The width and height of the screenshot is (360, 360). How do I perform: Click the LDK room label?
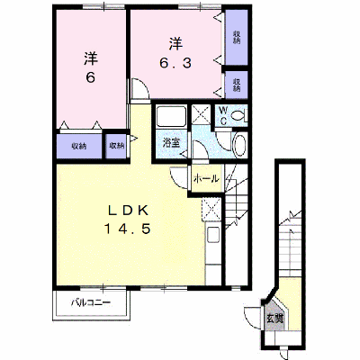pos(128,211)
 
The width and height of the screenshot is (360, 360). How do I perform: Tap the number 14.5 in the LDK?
pos(127,229)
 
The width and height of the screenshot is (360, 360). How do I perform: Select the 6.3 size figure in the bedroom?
pos(175,63)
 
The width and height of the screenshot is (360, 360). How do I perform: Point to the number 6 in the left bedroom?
pos(91,78)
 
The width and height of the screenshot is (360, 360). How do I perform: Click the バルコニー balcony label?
pos(91,302)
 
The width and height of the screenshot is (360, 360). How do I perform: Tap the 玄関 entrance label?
pos(274,319)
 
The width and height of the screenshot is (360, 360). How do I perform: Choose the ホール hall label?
pos(206,179)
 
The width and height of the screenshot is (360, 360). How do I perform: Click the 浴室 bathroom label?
pos(171,143)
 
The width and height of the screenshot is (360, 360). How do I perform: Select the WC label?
pos(223,115)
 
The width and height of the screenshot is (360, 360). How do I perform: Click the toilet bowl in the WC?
pos(239,115)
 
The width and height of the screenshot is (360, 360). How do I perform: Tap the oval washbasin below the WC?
pos(239,146)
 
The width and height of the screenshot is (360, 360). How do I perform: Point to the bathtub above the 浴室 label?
pos(171,117)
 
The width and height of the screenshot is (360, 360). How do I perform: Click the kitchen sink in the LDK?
pos(212,235)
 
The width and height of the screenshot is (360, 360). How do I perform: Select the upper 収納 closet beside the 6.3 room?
pos(237,38)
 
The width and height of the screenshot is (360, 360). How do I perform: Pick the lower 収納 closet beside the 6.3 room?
pos(237,85)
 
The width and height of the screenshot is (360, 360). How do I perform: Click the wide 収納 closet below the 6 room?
pos(79,146)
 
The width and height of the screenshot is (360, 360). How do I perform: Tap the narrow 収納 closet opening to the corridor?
pos(116,146)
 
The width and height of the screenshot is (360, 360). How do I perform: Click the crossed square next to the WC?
pos(201,114)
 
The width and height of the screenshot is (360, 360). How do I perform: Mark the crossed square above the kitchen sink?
pos(211,210)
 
